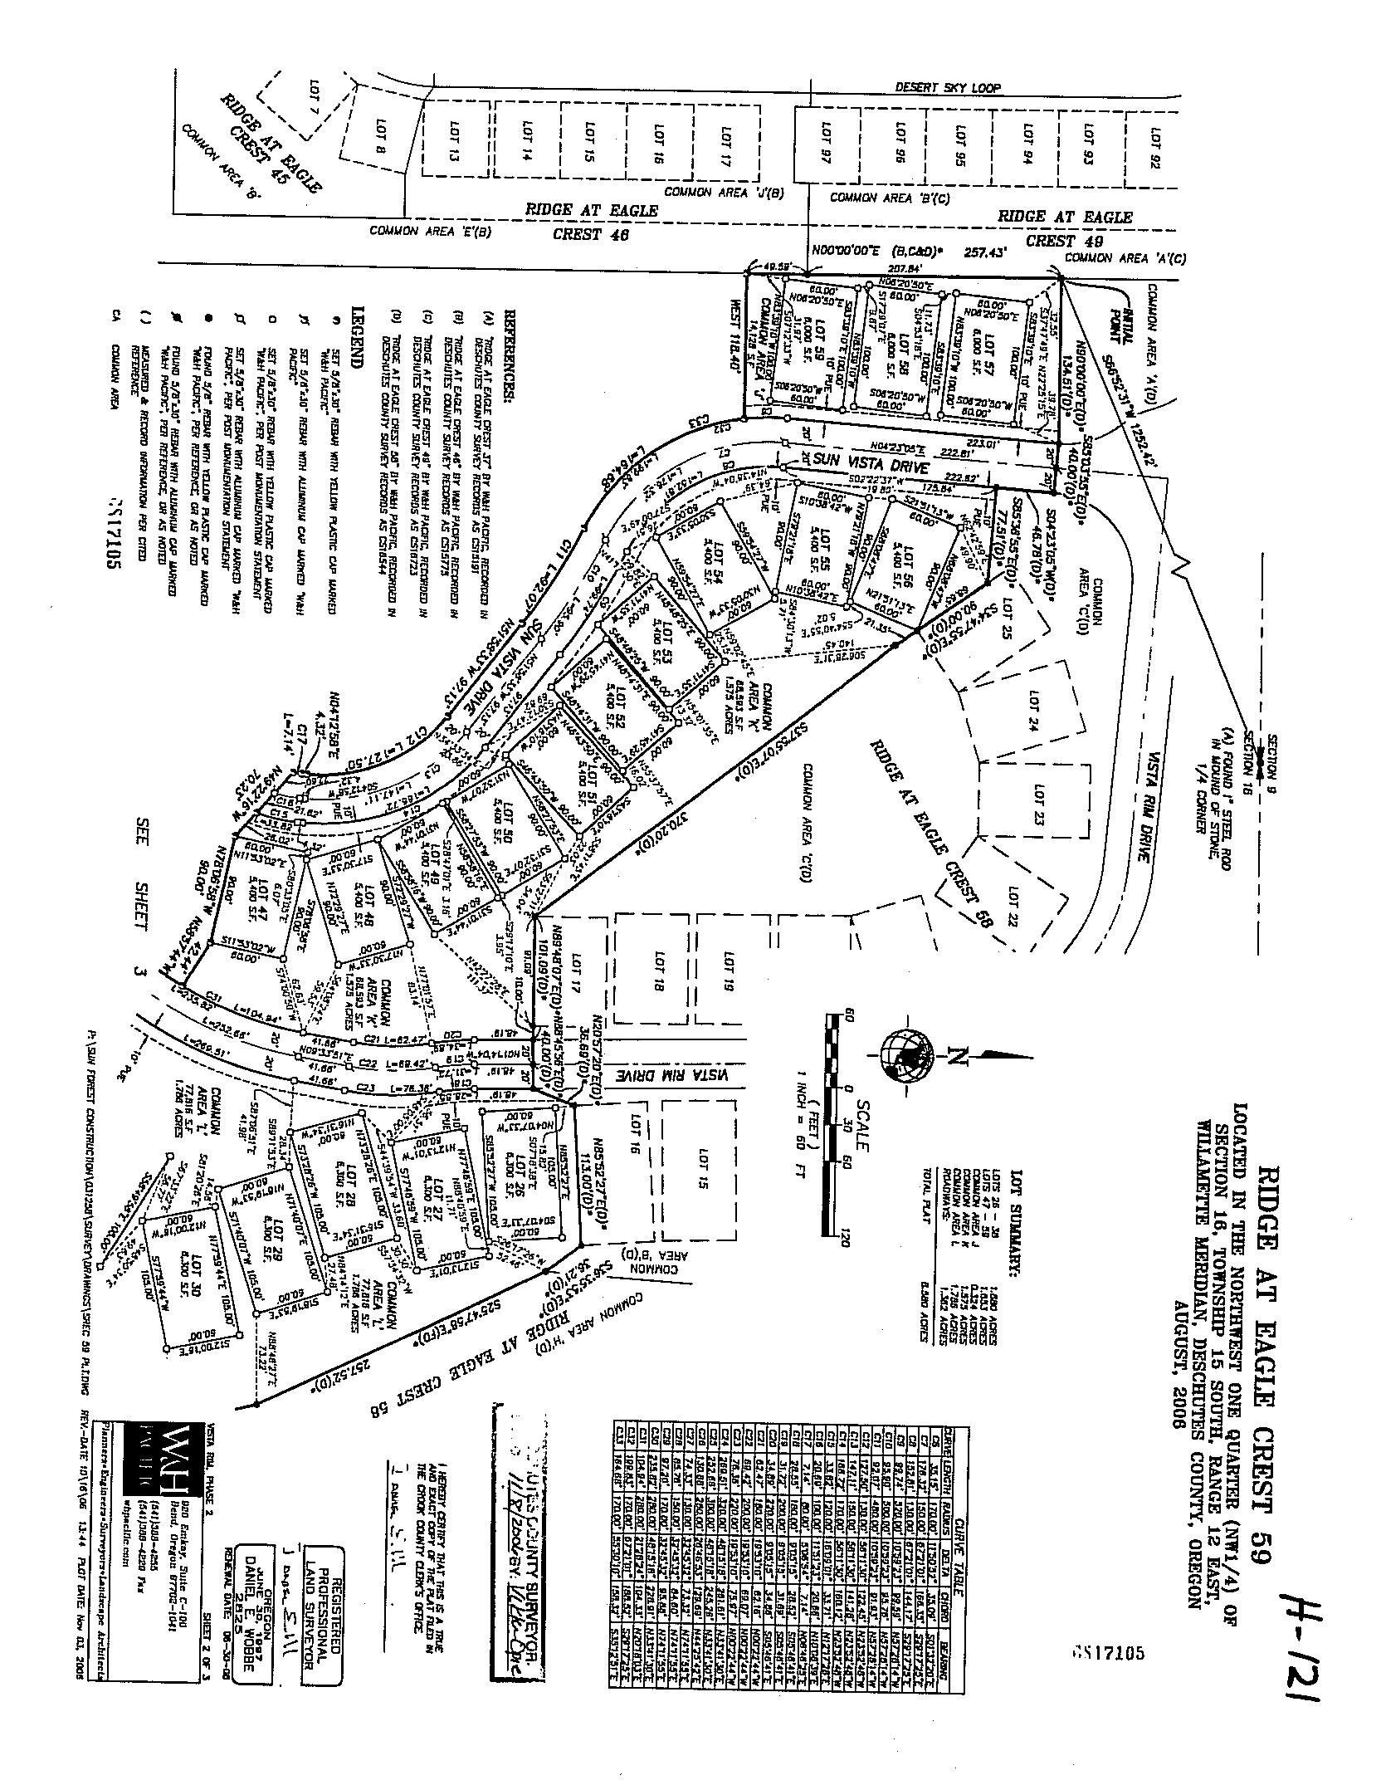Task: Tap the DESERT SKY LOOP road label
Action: [x=948, y=87]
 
